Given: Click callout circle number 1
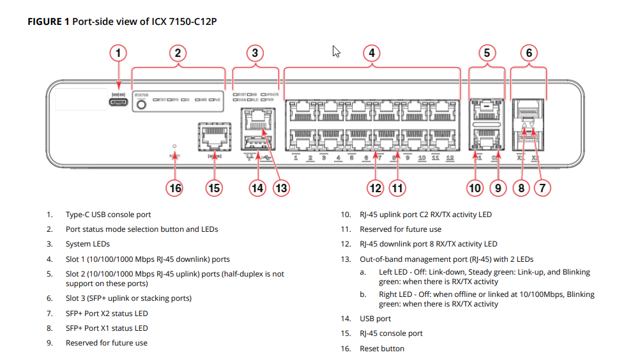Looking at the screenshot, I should tap(118, 52).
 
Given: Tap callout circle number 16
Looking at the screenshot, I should tap(174, 188).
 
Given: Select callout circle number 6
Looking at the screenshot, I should tap(528, 52).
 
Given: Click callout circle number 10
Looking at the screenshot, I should tap(475, 188).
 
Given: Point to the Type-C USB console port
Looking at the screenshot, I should tap(118, 101).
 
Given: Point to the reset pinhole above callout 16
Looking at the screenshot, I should tap(174, 146).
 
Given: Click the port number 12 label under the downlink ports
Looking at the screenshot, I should tap(450, 158).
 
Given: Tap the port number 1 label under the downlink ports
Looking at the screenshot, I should tap(296, 158).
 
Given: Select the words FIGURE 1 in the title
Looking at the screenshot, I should tap(48, 22).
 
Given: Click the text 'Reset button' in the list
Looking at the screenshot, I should tap(382, 348).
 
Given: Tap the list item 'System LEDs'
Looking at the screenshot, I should tap(88, 244).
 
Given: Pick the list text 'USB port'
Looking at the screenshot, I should tap(375, 318).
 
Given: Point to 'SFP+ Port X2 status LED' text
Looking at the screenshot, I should tap(107, 313).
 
